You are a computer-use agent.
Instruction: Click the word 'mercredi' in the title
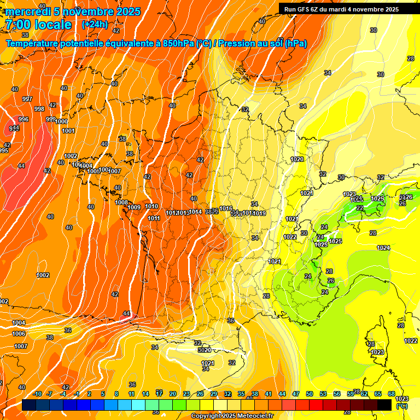click(28, 11)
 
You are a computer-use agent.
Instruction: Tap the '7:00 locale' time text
click(38, 25)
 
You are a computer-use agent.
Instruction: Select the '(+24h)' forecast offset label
click(95, 25)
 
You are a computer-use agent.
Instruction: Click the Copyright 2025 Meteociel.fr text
click(232, 416)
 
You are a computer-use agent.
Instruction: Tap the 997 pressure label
click(27, 99)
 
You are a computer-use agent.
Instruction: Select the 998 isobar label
click(39, 109)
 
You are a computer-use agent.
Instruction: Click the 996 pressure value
click(24, 119)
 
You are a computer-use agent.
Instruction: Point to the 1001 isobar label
click(68, 131)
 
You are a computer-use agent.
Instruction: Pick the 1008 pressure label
click(121, 202)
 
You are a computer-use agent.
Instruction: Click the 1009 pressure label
click(135, 207)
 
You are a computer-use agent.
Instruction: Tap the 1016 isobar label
click(226, 208)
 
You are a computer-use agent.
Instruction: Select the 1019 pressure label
click(260, 213)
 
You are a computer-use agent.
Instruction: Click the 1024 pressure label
click(383, 248)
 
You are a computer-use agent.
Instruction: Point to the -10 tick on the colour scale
click(37, 394)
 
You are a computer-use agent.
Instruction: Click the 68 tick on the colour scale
click(392, 394)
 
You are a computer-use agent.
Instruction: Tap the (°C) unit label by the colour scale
click(401, 406)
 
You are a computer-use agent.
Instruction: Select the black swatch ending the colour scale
click(384, 405)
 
